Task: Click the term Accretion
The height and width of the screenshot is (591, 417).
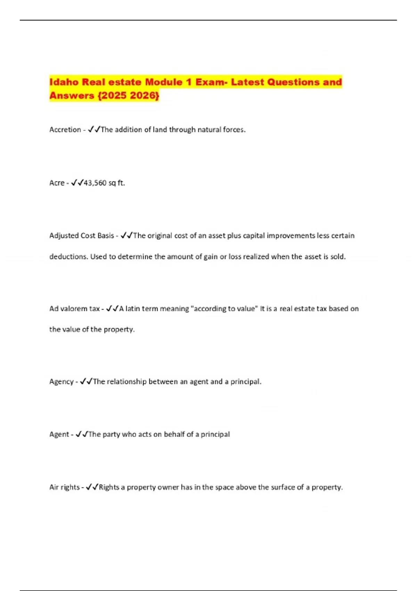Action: click(x=65, y=130)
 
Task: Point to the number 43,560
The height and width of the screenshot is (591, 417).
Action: click(x=95, y=183)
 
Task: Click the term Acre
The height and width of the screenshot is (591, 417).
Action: click(x=57, y=183)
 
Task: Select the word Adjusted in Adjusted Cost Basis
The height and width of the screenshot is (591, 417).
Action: click(x=64, y=236)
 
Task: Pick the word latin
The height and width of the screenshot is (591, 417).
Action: click(x=132, y=309)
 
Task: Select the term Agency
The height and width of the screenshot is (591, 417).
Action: click(x=61, y=382)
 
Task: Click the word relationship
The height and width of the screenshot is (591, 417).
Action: click(x=126, y=382)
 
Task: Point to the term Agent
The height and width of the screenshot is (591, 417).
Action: click(x=59, y=435)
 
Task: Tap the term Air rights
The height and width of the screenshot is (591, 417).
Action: click(x=64, y=487)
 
